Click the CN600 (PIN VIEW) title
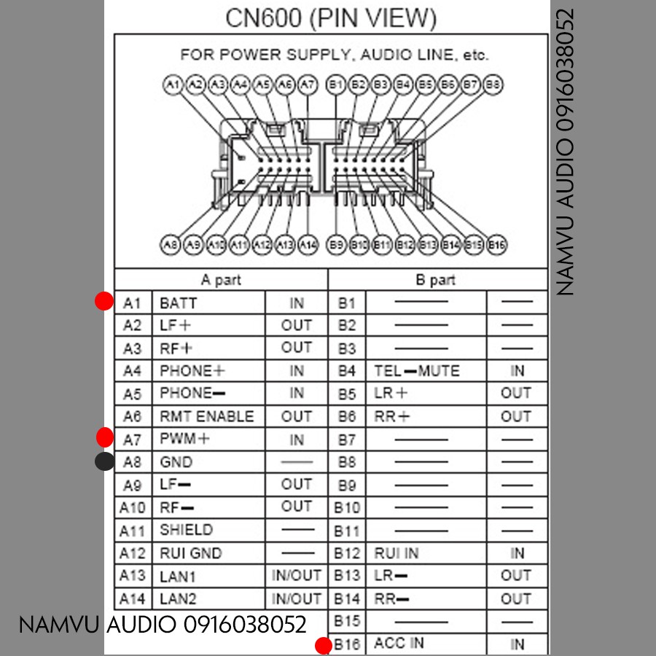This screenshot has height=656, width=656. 331,18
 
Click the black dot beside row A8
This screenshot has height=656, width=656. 105,461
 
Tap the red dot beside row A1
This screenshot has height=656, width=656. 105,301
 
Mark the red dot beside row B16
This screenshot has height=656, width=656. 324,646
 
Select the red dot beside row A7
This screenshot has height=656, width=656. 105,437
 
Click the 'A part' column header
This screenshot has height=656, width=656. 221,280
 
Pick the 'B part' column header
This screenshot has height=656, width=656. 435,280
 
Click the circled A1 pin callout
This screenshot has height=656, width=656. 173,85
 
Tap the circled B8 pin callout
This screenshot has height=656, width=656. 493,85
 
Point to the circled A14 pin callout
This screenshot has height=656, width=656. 308,245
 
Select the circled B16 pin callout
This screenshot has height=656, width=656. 496,245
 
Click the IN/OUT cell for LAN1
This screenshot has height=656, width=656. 296,575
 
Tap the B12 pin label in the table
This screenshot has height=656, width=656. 347,553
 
